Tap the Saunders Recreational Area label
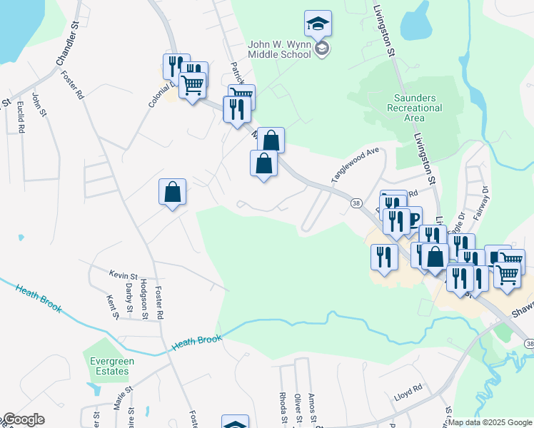(x=418, y=108)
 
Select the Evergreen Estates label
(x=110, y=366)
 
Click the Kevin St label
(x=123, y=275)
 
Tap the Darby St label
(x=129, y=297)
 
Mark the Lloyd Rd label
(x=408, y=388)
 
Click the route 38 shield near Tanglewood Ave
(x=356, y=203)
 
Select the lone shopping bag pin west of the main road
(x=172, y=192)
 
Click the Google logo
(x=23, y=419)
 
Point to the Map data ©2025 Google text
(x=490, y=422)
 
